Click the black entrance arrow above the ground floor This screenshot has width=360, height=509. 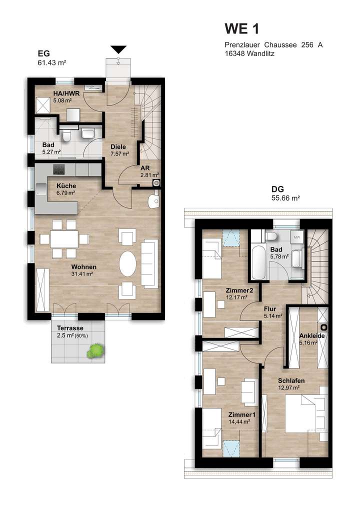pyautogui.click(x=118, y=49)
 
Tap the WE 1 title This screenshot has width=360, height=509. pyautogui.click(x=242, y=27)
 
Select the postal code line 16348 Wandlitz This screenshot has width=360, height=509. pyautogui.click(x=249, y=53)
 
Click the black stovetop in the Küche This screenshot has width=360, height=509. pyautogui.click(x=59, y=169)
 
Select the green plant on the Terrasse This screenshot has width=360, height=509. pyautogui.click(x=94, y=351)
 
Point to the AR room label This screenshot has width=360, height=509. pyautogui.click(x=146, y=168)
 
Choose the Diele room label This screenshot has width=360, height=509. pyautogui.click(x=117, y=147)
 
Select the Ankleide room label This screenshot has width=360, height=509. pyautogui.click(x=311, y=336)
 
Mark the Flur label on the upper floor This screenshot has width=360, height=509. pyautogui.click(x=270, y=309)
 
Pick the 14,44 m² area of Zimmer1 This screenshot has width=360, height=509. pyautogui.click(x=239, y=421)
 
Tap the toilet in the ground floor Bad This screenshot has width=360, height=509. pyautogui.click(x=66, y=135)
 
